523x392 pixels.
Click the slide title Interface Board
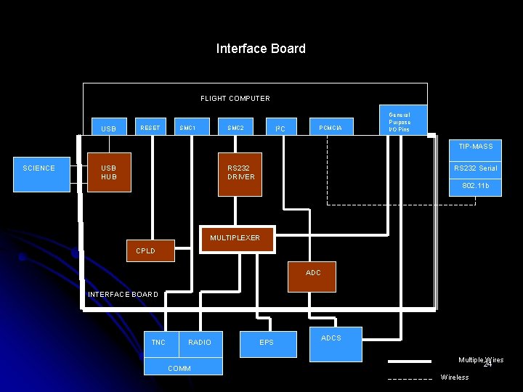point(261,49)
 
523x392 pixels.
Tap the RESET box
point(150,128)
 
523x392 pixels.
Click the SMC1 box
point(187,128)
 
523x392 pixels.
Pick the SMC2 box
point(235,128)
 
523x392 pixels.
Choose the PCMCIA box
point(331,128)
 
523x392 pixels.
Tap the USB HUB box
point(109,172)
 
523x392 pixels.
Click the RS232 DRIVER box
point(240,174)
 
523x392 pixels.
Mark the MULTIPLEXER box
point(235,238)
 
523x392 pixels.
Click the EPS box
point(267,343)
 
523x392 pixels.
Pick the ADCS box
point(335,343)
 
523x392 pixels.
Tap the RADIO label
point(200,342)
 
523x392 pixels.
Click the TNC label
point(158,342)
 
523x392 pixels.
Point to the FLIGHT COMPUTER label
point(235,98)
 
